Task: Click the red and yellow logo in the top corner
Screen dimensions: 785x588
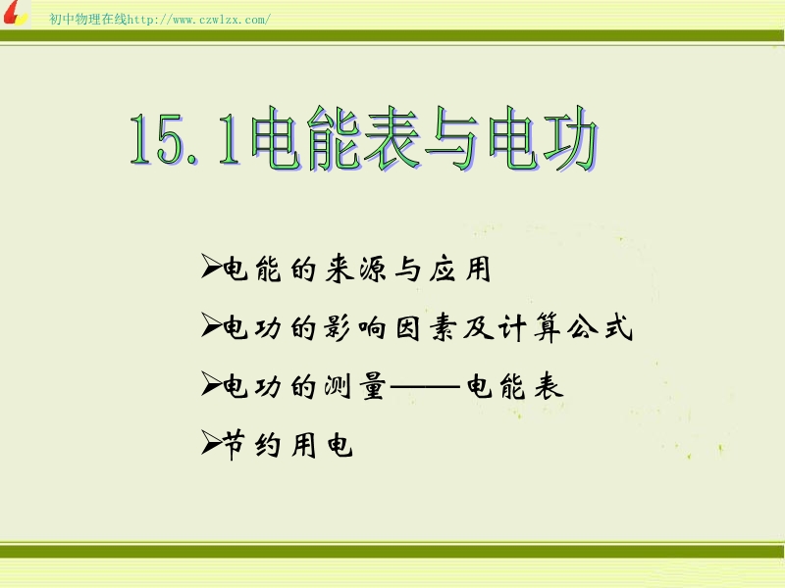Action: click(x=16, y=13)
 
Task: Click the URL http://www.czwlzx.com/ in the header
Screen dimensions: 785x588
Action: click(x=199, y=20)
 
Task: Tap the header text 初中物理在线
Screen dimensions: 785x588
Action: click(x=88, y=19)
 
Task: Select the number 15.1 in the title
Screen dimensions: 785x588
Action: click(x=185, y=139)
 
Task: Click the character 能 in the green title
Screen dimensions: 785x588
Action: click(x=334, y=138)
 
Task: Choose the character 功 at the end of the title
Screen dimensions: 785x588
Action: click(x=570, y=139)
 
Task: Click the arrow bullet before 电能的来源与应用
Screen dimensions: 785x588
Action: click(x=211, y=266)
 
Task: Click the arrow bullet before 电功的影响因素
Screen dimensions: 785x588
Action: click(x=211, y=325)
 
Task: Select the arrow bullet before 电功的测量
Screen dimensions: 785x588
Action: click(x=211, y=384)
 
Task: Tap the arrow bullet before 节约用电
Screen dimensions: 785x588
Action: click(x=211, y=442)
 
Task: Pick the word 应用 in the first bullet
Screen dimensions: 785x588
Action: click(x=460, y=269)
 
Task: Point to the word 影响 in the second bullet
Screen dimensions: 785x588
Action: click(x=355, y=328)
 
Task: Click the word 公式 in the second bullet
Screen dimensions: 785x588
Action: click(x=600, y=327)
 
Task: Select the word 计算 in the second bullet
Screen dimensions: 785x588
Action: click(x=529, y=328)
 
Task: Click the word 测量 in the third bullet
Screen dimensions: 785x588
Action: click(x=355, y=386)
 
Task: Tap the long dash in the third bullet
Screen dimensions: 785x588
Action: click(x=425, y=387)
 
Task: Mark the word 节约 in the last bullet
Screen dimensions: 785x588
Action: click(x=251, y=445)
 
